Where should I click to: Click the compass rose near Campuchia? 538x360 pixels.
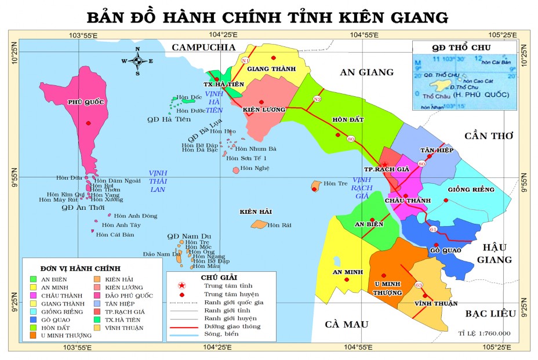click(x=137, y=61)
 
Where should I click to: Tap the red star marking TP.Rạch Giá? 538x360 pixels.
click(x=384, y=164)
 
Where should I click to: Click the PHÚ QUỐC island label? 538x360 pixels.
click(x=86, y=102)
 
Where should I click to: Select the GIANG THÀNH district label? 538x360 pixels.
click(x=267, y=69)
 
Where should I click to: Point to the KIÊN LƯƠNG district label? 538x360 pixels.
click(x=264, y=109)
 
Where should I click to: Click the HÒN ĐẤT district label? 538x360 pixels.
click(x=347, y=119)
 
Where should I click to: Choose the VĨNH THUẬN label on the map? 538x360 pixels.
click(x=437, y=303)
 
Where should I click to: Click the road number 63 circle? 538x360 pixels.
click(x=419, y=284)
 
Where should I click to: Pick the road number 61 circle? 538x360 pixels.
click(x=433, y=230)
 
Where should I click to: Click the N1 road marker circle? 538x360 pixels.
click(x=245, y=60)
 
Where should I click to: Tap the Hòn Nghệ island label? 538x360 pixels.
click(x=255, y=168)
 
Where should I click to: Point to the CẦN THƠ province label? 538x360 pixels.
click(x=489, y=136)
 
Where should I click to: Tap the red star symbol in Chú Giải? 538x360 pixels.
click(x=182, y=286)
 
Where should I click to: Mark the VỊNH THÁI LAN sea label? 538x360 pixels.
click(x=158, y=181)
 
